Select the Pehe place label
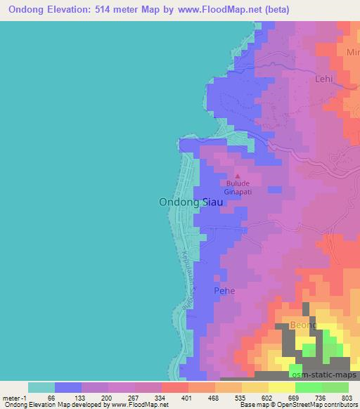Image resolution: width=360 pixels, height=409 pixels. [224, 290]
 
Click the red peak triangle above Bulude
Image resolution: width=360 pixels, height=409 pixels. [237, 176]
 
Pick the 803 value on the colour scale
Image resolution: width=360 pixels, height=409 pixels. [343, 397]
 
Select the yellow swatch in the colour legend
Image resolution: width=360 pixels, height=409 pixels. [281, 387]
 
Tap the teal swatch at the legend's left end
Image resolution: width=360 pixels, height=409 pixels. [41, 387]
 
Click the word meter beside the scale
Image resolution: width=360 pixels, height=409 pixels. [12, 397]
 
